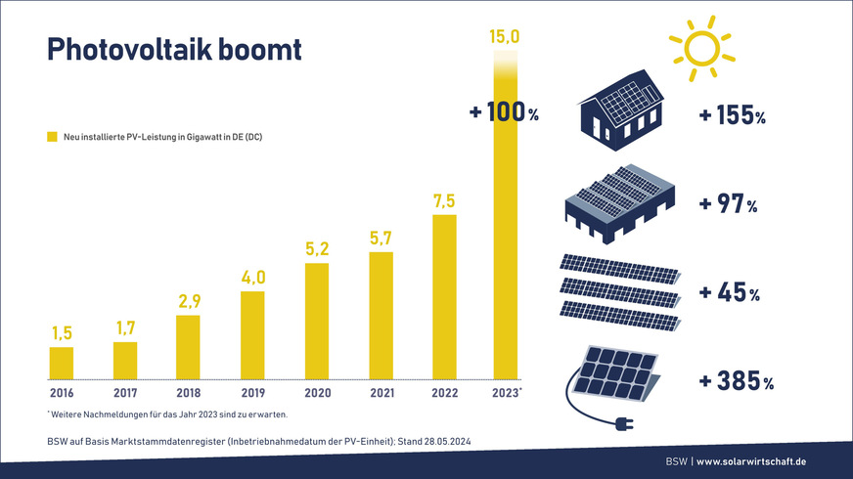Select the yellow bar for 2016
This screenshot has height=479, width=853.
tap(61, 363)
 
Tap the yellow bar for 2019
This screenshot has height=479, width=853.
tap(252, 334)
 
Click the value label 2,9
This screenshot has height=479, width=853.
tap(188, 302)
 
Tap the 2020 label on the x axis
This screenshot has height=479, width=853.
tap(316, 393)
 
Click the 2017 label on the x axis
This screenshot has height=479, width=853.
tap(124, 393)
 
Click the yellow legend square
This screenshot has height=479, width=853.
tap(53, 137)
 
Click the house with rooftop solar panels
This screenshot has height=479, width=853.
tap(620, 109)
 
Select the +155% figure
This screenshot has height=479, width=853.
tap(733, 116)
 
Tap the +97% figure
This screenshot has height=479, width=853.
tap(728, 205)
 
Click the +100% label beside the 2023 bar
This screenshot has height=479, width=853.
tap(504, 112)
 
